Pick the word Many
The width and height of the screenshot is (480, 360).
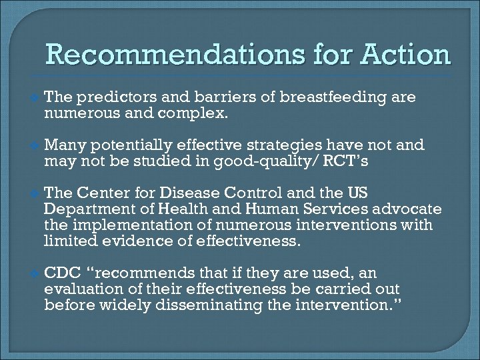click(63, 145)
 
